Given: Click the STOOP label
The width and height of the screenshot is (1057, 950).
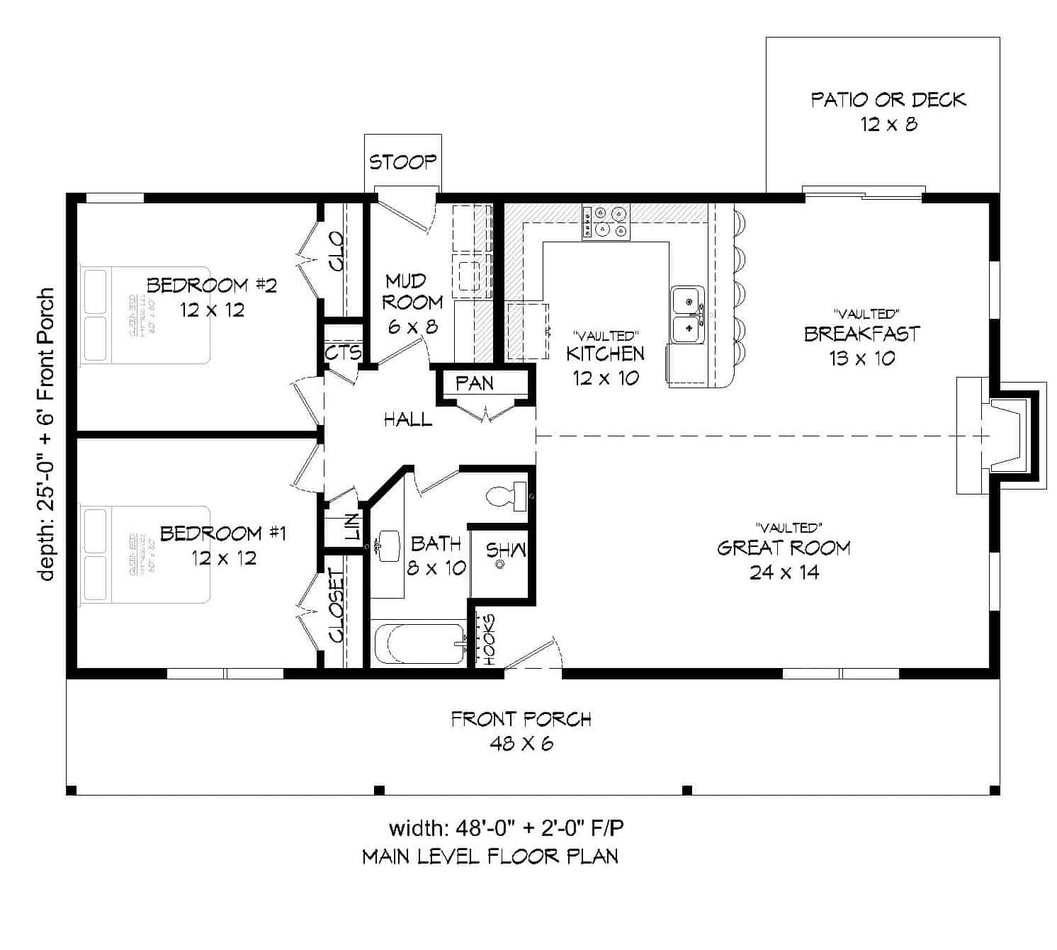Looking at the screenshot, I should [x=402, y=162].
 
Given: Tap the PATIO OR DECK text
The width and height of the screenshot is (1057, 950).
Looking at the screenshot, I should [x=888, y=100].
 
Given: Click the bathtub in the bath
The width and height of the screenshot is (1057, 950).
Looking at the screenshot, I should [x=419, y=644].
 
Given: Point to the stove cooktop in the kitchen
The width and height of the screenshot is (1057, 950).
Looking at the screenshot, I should [x=606, y=221].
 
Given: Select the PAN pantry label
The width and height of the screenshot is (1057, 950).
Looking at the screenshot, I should [x=475, y=383].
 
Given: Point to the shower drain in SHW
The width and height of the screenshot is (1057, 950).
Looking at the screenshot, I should [x=500, y=565].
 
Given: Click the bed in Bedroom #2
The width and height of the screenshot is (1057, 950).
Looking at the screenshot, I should [x=145, y=315].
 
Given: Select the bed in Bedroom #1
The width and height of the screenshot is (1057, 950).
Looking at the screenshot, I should [x=145, y=554].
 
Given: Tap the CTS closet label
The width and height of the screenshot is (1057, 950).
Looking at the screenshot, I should [x=344, y=352].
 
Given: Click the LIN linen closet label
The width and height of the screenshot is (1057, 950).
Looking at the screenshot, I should [x=352, y=527].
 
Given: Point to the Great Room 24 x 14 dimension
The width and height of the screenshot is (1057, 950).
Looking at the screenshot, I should [x=784, y=572].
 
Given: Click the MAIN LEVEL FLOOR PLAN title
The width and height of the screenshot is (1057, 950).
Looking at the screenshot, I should [x=490, y=856].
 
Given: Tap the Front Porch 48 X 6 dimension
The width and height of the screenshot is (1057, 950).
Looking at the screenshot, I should [x=521, y=743].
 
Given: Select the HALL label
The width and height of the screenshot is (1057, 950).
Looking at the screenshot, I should [x=407, y=419].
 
